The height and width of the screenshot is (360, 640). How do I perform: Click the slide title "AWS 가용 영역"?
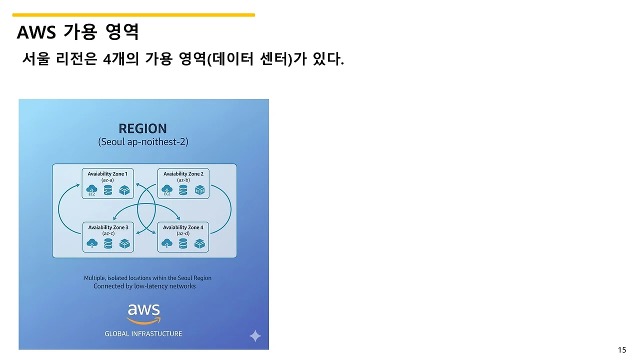pos(78,32)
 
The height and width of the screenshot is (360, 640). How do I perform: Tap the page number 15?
pos(621,350)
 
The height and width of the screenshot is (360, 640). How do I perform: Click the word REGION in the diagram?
pos(143,128)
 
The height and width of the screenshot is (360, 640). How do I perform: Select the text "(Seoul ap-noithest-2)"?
pos(143,142)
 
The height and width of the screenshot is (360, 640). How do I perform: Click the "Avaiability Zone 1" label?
pos(107,174)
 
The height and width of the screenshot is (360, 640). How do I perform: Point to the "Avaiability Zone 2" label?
pos(183,174)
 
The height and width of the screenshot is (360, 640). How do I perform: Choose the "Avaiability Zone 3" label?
pos(108,227)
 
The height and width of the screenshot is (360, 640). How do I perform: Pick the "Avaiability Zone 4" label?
pos(183,227)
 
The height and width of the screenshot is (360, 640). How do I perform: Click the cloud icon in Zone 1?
pos(92,189)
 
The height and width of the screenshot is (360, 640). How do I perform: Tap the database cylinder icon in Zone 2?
pos(183,190)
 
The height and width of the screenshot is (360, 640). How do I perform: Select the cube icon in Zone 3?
pos(124,243)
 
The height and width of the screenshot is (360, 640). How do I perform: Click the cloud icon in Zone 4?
pos(167,243)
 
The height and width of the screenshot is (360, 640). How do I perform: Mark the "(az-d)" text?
pos(183,233)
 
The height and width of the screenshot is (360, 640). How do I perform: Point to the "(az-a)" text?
pos(107,180)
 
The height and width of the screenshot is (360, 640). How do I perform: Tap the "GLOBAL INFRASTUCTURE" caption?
pos(143,333)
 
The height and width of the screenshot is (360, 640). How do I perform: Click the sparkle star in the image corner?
pos(255,336)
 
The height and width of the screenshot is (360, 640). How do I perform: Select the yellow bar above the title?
pos(133,15)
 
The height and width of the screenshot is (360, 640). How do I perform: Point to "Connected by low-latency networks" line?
pos(144,286)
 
